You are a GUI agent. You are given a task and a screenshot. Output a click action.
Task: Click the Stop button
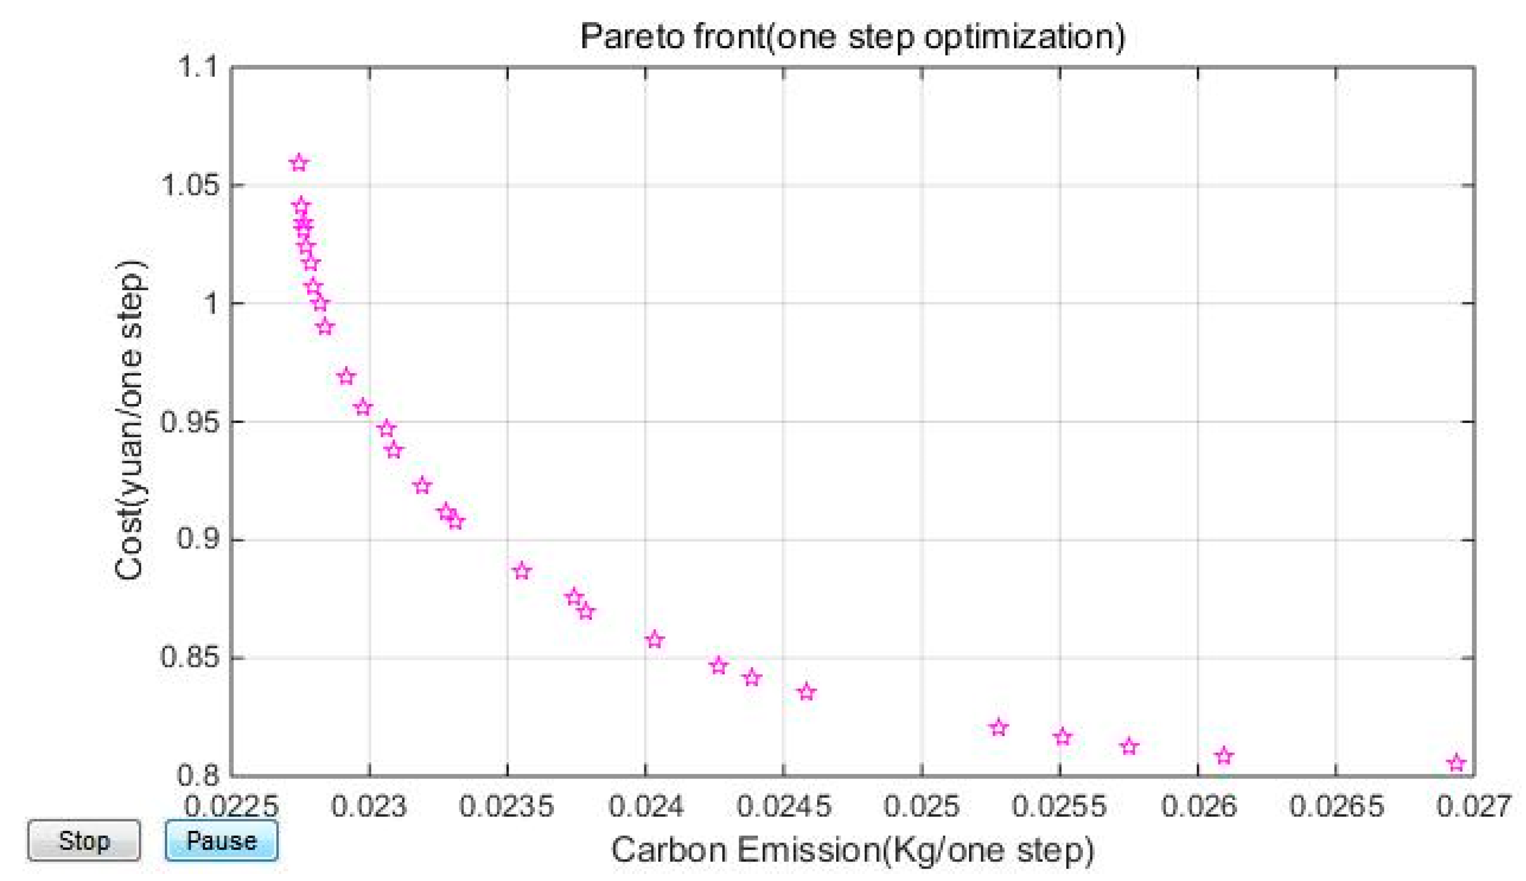coord(83,841)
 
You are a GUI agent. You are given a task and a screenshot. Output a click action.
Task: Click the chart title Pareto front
coord(853,36)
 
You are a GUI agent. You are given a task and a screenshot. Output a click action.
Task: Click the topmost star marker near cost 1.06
coord(299,163)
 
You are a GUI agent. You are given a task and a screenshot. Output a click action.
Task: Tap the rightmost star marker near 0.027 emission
coord(1457,763)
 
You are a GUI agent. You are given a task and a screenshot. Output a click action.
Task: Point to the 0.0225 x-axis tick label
coord(231,806)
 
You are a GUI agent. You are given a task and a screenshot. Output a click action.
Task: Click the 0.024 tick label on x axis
coord(645,806)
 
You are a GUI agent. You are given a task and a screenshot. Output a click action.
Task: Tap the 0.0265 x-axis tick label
coord(1336,806)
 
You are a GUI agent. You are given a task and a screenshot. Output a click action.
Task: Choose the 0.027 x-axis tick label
coord(1474,806)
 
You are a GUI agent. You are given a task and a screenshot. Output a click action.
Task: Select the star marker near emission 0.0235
coord(522,570)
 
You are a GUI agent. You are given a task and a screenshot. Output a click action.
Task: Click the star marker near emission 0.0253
coord(999,727)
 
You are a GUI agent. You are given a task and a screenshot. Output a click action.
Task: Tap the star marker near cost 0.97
coord(346,377)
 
